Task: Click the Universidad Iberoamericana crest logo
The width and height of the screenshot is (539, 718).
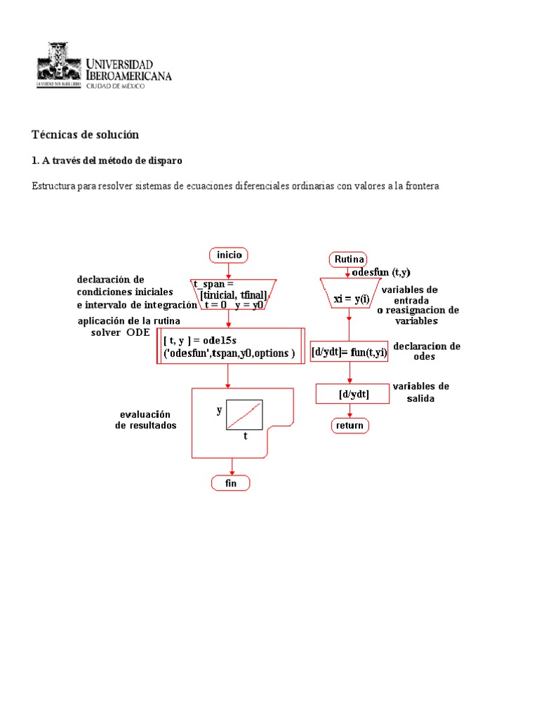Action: tap(60, 65)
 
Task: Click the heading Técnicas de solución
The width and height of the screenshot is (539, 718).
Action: tap(86, 135)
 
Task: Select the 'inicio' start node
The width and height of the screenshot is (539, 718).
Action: tap(228, 255)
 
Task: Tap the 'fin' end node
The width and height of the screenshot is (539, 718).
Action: tap(231, 483)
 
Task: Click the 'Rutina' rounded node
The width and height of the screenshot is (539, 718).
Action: tap(348, 259)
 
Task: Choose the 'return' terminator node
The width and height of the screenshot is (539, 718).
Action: tap(350, 426)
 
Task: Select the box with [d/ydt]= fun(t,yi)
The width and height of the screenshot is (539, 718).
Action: tap(350, 351)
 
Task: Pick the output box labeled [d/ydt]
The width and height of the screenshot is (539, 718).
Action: tap(353, 394)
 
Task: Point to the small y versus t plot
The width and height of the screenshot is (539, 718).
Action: tap(244, 414)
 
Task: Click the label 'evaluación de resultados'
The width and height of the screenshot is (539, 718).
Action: tap(146, 420)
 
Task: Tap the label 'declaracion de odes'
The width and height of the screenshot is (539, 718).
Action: tap(426, 351)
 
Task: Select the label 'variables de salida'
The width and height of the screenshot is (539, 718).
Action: tap(420, 393)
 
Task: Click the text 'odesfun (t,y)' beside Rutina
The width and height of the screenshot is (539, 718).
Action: tap(381, 272)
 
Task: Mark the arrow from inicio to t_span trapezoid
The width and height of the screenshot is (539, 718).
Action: tap(228, 271)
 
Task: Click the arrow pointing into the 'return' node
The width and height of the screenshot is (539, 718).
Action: tap(350, 412)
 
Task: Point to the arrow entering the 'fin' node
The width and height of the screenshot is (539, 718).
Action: tap(231, 467)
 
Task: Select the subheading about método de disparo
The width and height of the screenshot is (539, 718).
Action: tap(107, 161)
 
